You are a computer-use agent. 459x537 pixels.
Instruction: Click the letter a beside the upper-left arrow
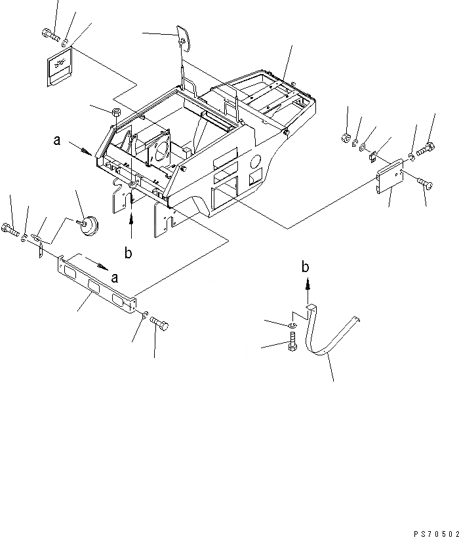click(x=58, y=140)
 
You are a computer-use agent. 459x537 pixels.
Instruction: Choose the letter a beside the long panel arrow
click(x=115, y=277)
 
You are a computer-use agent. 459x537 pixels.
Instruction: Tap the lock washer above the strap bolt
click(x=292, y=324)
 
